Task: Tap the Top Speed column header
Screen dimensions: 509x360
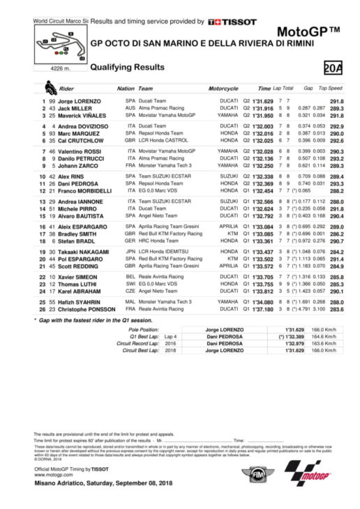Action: pos(331,89)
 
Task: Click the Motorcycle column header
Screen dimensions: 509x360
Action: pos(223,89)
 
